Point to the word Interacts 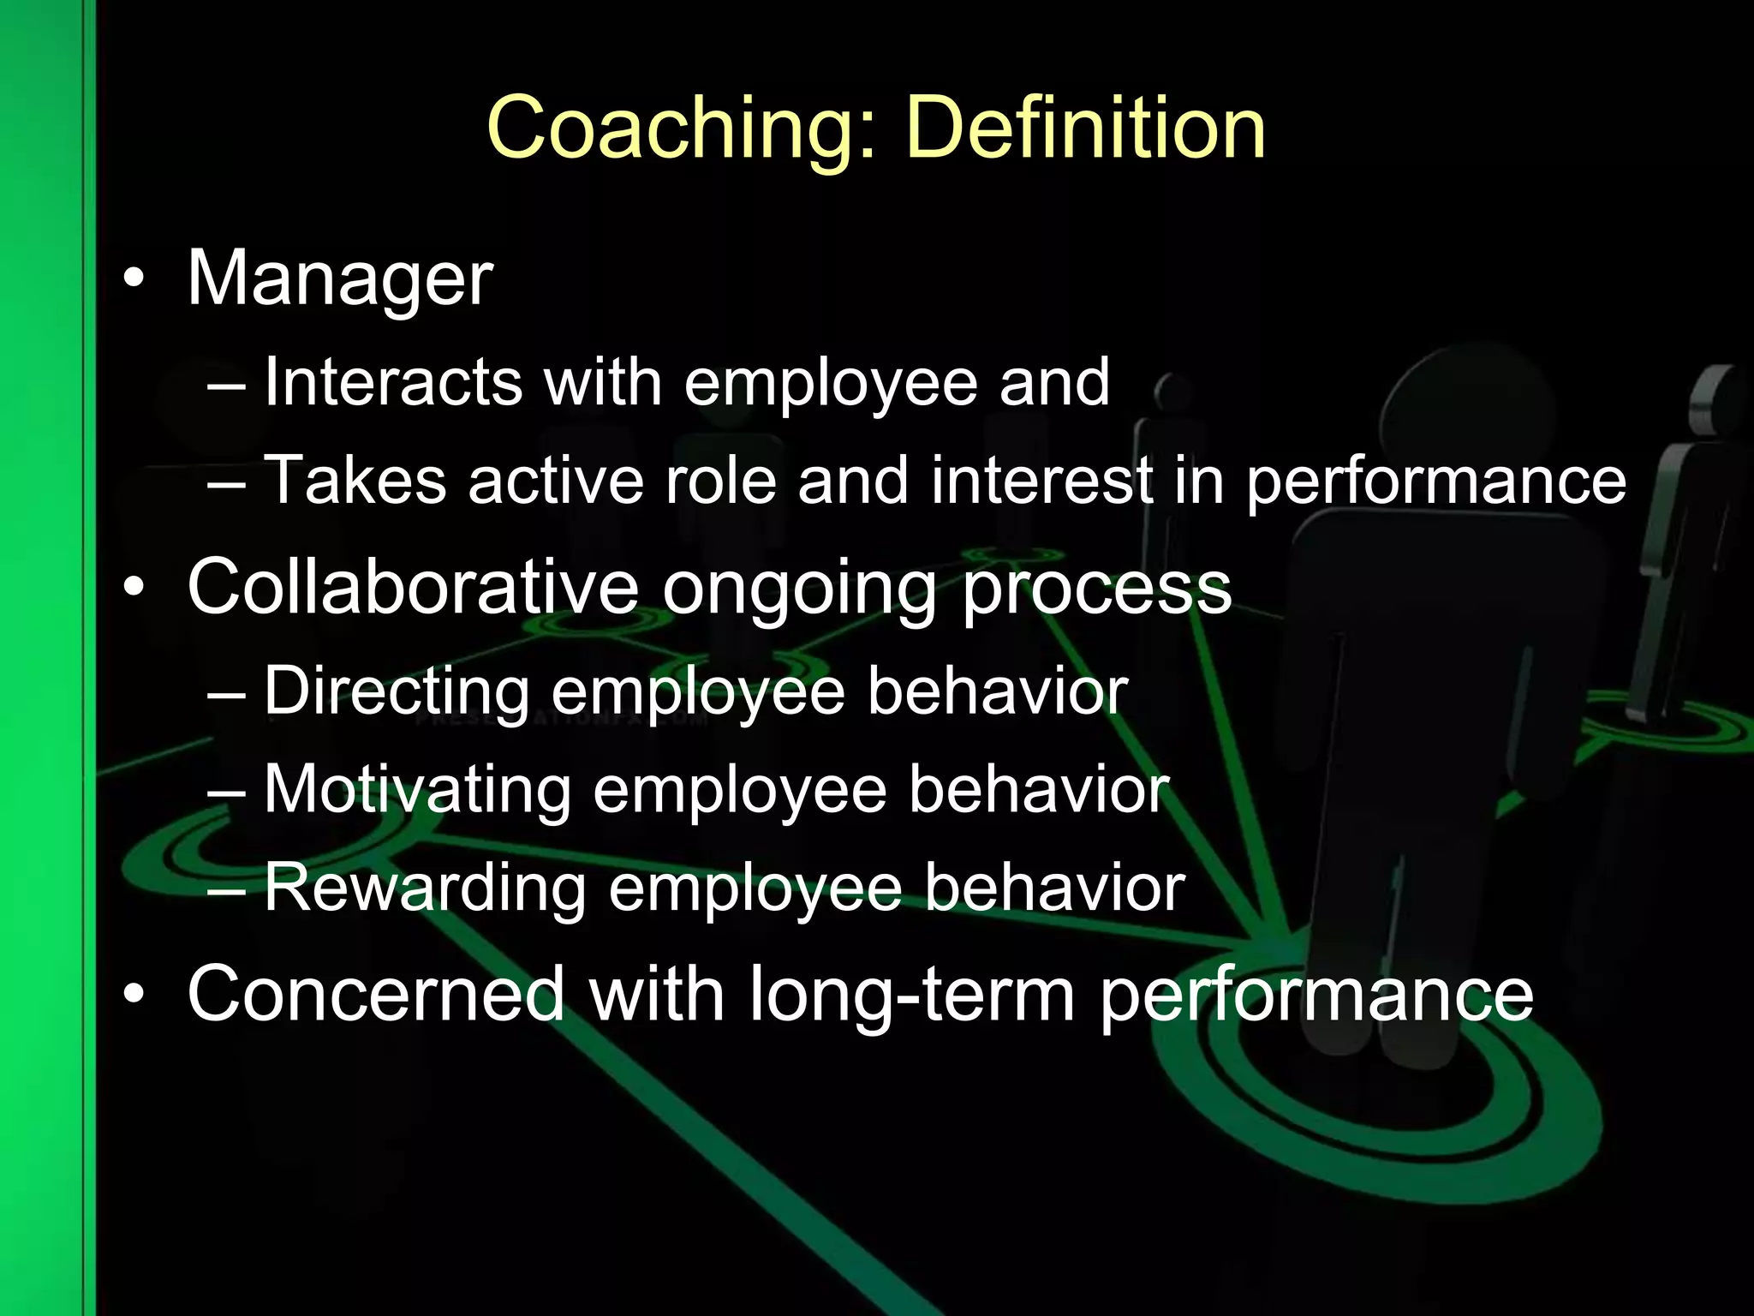pos(392,381)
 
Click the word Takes pos(355,480)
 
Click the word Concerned pos(375,994)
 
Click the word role pos(720,480)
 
